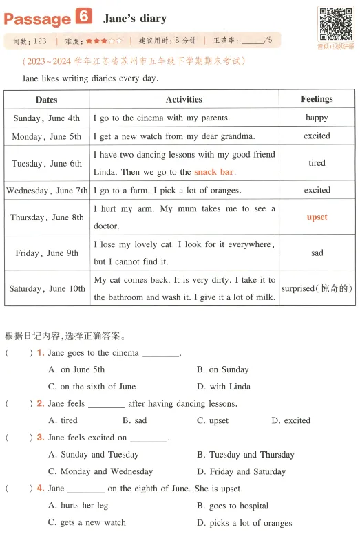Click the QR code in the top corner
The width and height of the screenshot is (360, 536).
coord(335,24)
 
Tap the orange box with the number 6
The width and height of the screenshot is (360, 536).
coord(84,17)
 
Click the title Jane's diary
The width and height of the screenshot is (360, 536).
coord(134,18)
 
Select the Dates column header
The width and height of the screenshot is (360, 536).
coord(46,100)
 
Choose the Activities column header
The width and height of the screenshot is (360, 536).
coord(184,100)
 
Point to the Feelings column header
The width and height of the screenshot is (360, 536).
coord(317,100)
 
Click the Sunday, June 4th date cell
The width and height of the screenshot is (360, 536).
coord(46,118)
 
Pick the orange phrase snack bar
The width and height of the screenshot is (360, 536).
coord(215,172)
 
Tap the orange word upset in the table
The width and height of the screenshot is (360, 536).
coord(317,217)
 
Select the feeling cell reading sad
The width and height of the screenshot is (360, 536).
coord(317,253)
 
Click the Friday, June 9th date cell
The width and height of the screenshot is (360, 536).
coord(46,253)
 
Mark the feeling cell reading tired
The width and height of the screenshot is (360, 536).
coord(317,164)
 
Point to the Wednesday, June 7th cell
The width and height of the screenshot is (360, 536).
coord(46,191)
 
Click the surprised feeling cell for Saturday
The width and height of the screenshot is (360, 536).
coord(317,289)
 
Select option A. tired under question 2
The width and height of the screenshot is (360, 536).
coord(63,420)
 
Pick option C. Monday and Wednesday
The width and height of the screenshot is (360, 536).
coord(100,471)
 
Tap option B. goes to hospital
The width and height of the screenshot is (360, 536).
coord(232,506)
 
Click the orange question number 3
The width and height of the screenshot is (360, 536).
coord(41,438)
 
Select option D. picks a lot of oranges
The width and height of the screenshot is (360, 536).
coord(244,523)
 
